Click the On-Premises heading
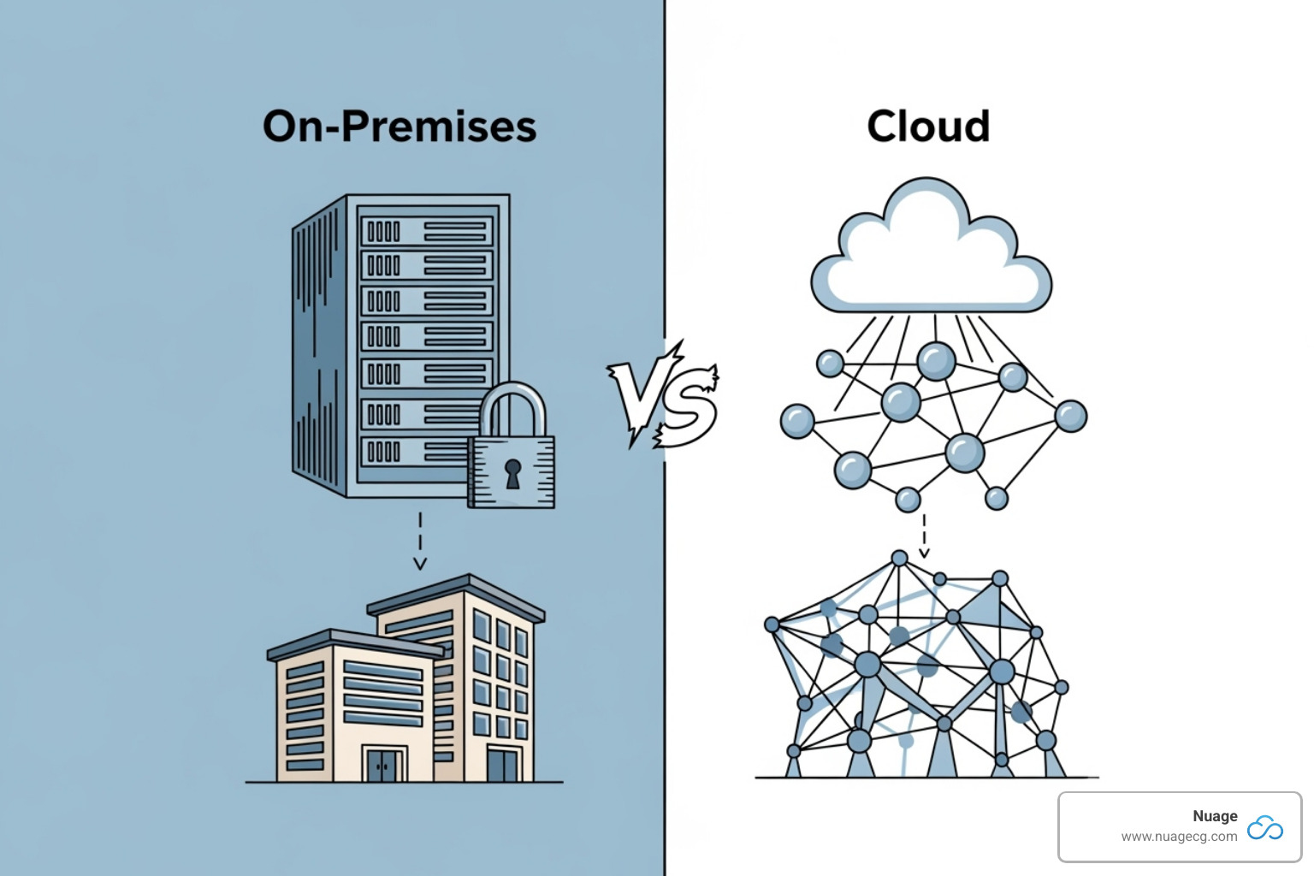point(400,127)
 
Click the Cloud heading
point(928,127)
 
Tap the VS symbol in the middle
point(664,394)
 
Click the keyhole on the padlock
point(512,472)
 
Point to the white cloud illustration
point(930,252)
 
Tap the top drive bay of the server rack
point(427,231)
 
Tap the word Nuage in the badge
point(1215,816)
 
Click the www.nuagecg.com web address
point(1179,837)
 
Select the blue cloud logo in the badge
point(1265,827)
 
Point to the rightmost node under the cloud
point(1070,417)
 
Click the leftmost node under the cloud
point(797,421)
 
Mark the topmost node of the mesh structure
point(899,559)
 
